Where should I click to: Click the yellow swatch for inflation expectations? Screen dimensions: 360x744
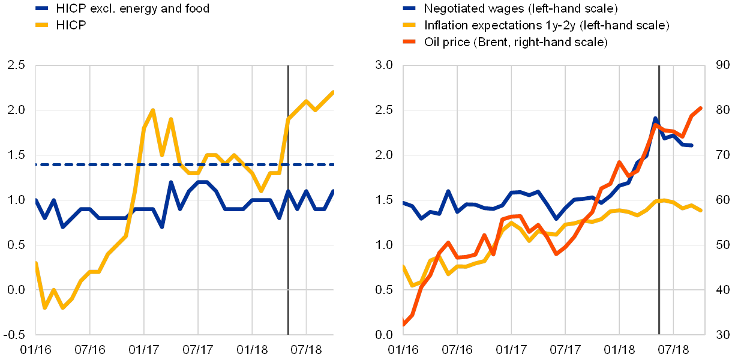409,26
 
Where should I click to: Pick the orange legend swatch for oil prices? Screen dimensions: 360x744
409,42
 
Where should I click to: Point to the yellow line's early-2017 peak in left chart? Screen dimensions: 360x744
152,110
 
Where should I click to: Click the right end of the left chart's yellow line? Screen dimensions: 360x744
333,92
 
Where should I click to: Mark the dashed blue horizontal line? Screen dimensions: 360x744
180,164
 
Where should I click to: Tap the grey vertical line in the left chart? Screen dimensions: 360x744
288,240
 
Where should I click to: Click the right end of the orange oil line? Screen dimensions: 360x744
701,108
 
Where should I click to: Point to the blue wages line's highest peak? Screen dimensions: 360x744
655,118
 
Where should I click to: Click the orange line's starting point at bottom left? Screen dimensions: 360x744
403,325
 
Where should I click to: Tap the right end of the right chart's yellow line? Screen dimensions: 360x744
701,210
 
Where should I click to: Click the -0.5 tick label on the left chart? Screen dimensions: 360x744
17,334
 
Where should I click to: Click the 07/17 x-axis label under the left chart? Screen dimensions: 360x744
198,349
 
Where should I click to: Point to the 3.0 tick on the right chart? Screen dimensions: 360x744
384,65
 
